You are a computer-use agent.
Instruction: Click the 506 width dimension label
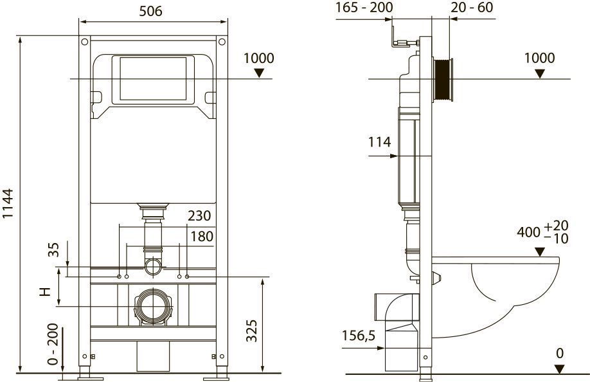[x=150, y=11]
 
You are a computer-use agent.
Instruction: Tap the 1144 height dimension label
[x=8, y=203]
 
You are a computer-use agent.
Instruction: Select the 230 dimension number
[x=199, y=215]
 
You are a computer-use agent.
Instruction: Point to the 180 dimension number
[x=202, y=237]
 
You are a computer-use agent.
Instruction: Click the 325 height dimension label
[x=252, y=331]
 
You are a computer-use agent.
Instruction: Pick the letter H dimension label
[x=45, y=292]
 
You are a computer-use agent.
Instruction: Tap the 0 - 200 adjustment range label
[x=53, y=344]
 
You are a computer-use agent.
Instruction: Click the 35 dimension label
[x=54, y=250]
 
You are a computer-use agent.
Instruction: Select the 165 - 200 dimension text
[x=364, y=7]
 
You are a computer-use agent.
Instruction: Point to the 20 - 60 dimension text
[x=472, y=7]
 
